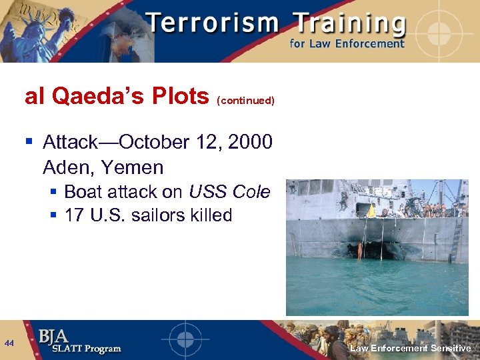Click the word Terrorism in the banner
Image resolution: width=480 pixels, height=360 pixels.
212,24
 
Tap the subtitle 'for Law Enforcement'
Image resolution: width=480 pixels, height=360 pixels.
347,44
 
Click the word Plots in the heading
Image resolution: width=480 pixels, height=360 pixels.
180,97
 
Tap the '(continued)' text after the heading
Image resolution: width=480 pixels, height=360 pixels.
245,101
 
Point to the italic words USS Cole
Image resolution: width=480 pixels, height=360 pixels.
229,192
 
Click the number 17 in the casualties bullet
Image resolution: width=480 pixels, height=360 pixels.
75,215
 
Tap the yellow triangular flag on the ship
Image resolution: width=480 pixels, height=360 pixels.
371,211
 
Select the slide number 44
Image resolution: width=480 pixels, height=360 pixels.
9,343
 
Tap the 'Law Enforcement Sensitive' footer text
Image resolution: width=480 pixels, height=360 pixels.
411,348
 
